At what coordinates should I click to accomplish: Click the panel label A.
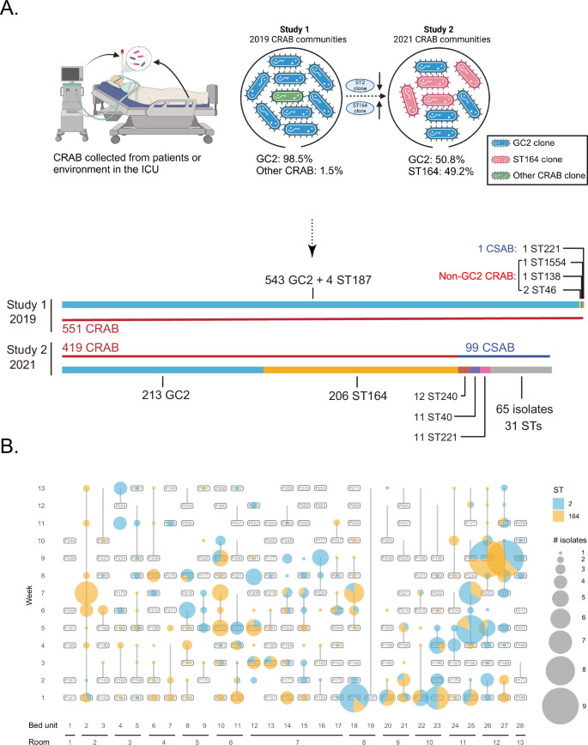click(10, 10)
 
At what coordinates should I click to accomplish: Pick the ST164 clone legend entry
click(543, 140)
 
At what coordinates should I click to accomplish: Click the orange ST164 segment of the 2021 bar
click(361, 369)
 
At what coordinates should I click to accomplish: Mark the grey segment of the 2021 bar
click(520, 369)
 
